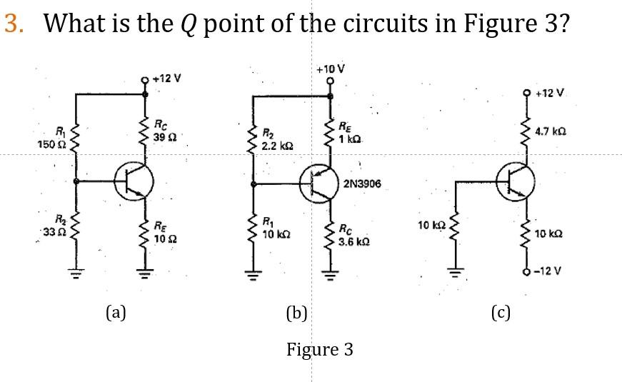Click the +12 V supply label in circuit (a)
pos(166,78)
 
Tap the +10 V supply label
pos(329,69)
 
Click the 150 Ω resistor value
pos(48,145)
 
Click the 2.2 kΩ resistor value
pos(275,145)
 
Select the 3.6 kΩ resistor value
pos(353,242)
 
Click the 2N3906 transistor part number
pos(362,184)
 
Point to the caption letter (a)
pos(115,311)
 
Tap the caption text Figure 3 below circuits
pos(320,349)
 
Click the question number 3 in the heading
pos(12,23)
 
